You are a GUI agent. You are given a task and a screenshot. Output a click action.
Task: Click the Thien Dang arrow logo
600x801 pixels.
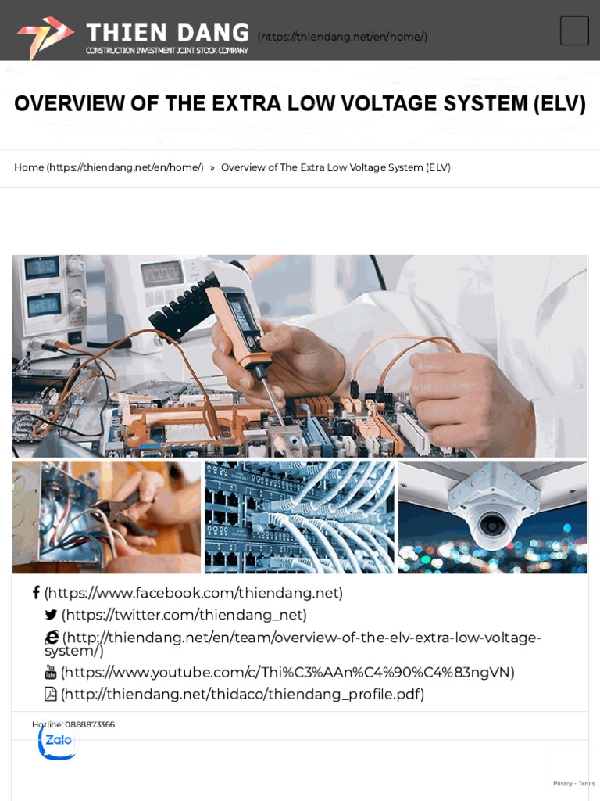(45, 36)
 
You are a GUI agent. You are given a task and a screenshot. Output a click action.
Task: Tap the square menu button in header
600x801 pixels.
(574, 31)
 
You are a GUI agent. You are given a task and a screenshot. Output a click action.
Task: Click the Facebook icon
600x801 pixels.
(36, 593)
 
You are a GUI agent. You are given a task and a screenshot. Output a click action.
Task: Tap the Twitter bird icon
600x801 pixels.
(52, 615)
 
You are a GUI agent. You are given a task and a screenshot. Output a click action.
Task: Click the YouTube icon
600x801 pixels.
(51, 672)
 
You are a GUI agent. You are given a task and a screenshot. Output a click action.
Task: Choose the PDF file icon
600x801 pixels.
(51, 694)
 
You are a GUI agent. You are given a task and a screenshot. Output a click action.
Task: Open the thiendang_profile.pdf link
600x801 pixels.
(242, 694)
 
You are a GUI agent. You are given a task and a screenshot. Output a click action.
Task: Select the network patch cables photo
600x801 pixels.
(299, 517)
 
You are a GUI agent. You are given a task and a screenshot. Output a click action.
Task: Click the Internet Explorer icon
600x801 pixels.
(52, 638)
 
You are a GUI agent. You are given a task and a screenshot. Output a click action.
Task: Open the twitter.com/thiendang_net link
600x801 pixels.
(184, 615)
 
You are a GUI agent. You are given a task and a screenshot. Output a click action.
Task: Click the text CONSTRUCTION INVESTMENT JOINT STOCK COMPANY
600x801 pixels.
(166, 51)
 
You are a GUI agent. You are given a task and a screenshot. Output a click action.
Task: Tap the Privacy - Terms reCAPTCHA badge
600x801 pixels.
(573, 783)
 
